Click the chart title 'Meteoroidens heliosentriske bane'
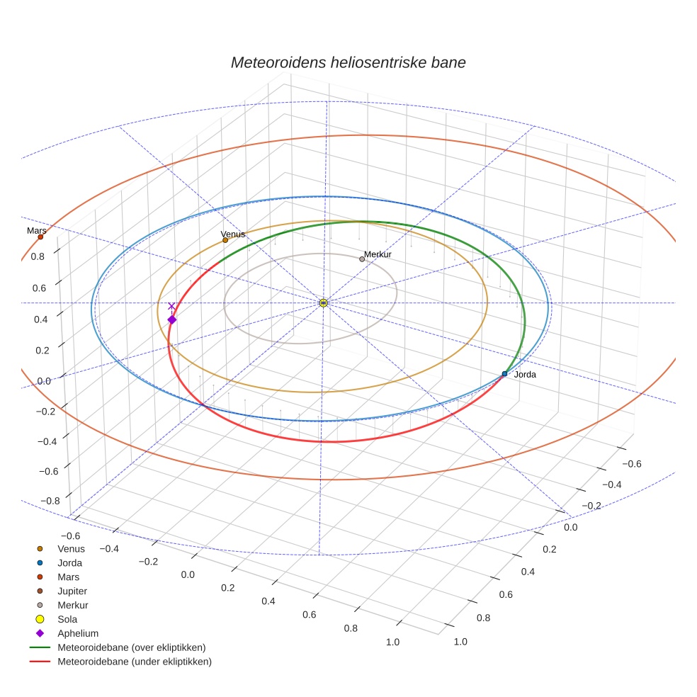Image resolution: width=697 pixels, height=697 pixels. pyautogui.click(x=348, y=62)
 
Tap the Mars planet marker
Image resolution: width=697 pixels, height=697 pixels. pyautogui.click(x=40, y=237)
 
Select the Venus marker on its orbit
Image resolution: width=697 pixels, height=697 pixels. pyautogui.click(x=225, y=240)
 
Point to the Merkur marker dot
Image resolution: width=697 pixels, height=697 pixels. pyautogui.click(x=362, y=259)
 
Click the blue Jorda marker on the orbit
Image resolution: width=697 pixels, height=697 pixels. pyautogui.click(x=504, y=373)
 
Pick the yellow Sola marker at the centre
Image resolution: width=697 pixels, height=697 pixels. pyautogui.click(x=323, y=303)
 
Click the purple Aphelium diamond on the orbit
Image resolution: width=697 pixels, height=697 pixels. pyautogui.click(x=171, y=320)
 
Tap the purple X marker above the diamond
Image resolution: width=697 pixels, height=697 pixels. pyautogui.click(x=171, y=306)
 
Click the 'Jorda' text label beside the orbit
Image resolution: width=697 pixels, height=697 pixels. pyautogui.click(x=525, y=374)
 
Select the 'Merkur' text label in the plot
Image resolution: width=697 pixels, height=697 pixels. pyautogui.click(x=378, y=254)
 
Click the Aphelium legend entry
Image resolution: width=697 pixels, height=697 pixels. pyautogui.click(x=77, y=633)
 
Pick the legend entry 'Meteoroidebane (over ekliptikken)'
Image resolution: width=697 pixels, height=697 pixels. pyautogui.click(x=131, y=647)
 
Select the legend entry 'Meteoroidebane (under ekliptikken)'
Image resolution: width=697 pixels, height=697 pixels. pyautogui.click(x=135, y=662)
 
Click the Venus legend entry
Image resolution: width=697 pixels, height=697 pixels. pyautogui.click(x=71, y=548)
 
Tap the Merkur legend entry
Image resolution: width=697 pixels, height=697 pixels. pyautogui.click(x=72, y=605)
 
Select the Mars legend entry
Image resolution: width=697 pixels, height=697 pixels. pyautogui.click(x=68, y=577)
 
